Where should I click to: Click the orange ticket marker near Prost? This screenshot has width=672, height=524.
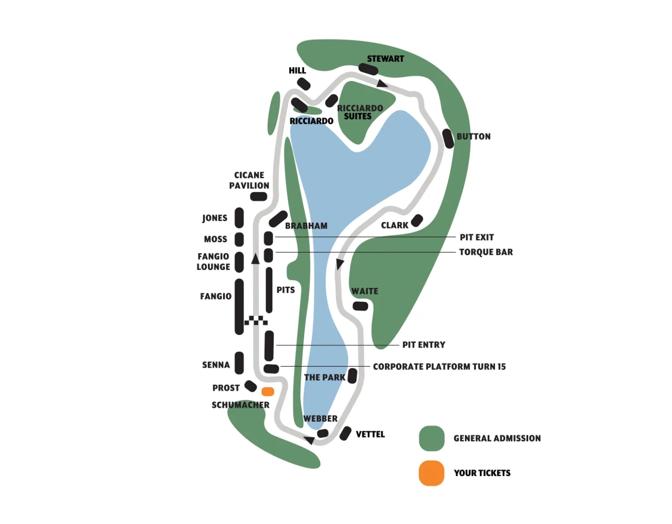coord(268,392)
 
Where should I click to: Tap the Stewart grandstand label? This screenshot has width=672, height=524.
coord(385,59)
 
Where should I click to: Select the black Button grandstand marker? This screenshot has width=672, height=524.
coord(448,138)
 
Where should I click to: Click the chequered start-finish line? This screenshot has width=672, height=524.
coord(256,320)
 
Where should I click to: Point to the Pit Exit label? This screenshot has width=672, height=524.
coord(477,237)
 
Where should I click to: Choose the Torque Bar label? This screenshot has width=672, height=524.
coord(486,252)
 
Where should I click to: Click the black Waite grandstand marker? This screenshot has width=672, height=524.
coord(361,306)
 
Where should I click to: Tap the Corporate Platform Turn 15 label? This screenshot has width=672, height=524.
coord(439,367)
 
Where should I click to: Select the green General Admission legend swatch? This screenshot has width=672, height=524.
coord(431,438)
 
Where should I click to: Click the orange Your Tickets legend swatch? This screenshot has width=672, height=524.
coord(431,473)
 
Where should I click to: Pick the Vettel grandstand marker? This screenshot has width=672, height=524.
coord(345,433)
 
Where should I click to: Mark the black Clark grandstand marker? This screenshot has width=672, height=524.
coord(417,220)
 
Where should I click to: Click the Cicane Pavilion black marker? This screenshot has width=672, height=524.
coord(258,196)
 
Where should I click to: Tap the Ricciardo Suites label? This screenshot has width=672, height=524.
coord(360,112)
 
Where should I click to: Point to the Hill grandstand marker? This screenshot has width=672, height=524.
coord(304,84)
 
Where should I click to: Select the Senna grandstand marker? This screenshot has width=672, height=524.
coord(239,363)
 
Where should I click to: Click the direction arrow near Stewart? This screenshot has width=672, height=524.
coord(382,83)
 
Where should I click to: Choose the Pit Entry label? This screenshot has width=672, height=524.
coord(424,345)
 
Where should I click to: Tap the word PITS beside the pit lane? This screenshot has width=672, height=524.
coord(285,290)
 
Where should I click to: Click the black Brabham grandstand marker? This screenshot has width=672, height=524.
coord(278,219)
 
